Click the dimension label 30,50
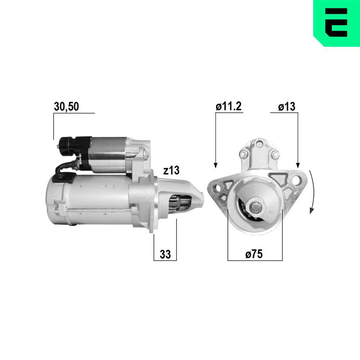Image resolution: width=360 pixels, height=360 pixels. pos(66,106)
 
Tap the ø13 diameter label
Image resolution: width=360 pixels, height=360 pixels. pos(287,107)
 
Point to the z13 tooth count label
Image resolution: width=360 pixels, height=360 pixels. pos(171,171)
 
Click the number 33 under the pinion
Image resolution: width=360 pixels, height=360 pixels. pos(165,254)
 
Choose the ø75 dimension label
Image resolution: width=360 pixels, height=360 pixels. pos(254,254)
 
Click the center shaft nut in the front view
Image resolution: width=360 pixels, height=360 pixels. pos(256,207)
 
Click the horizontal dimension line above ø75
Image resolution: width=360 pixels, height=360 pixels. pos(255,260)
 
